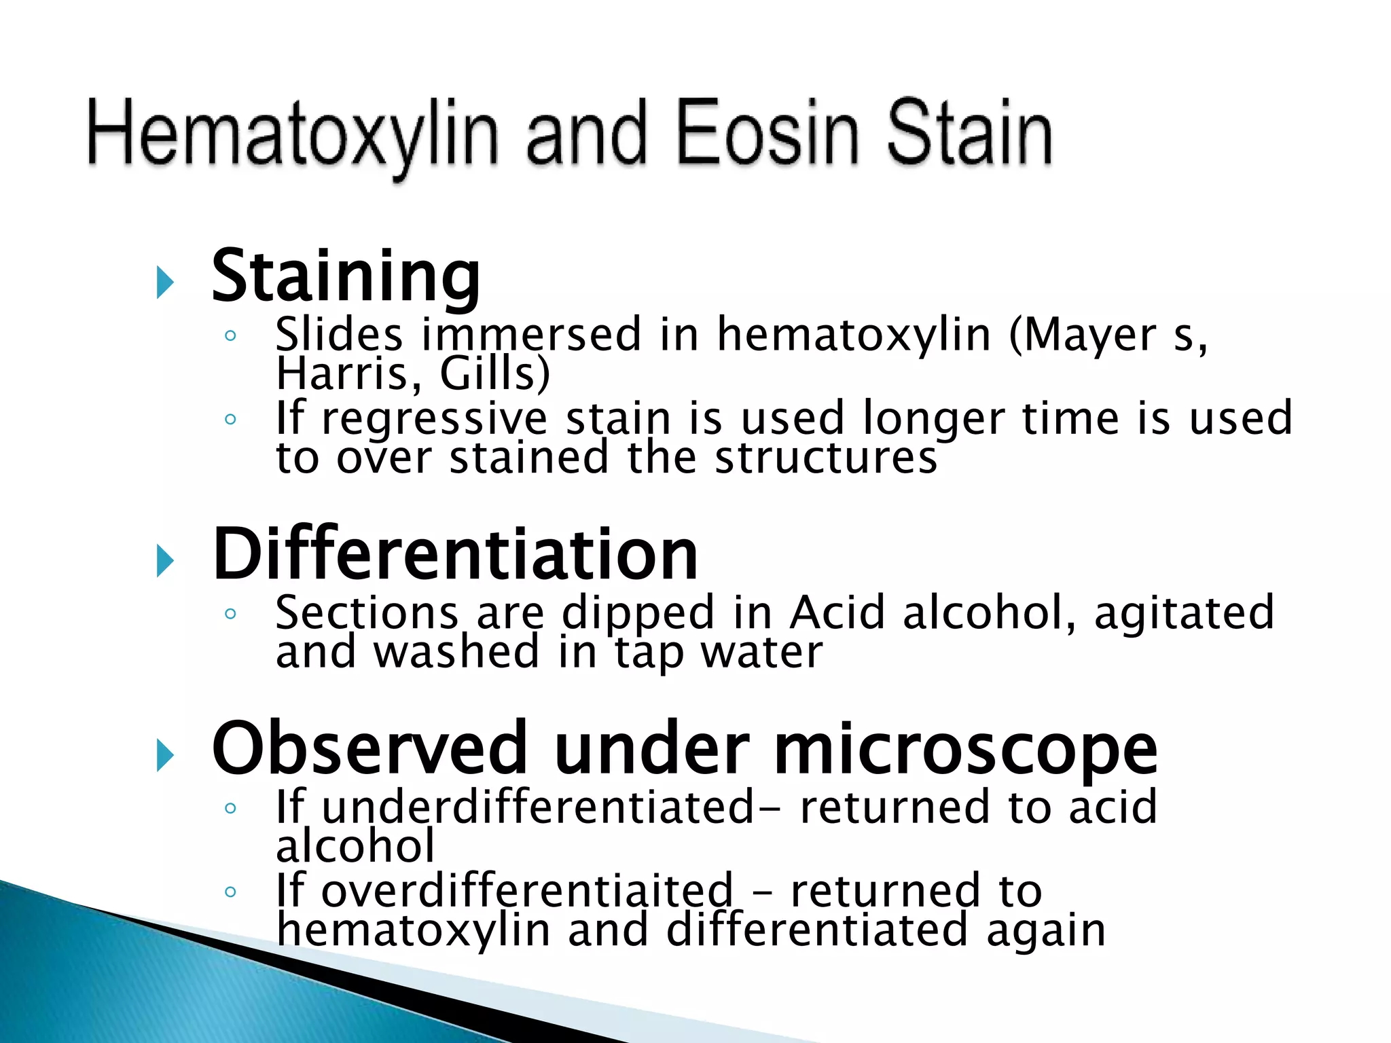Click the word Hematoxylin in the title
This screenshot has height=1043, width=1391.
pyautogui.click(x=292, y=134)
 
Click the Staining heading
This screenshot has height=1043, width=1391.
pyautogui.click(x=346, y=276)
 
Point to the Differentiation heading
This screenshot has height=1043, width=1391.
pyautogui.click(x=455, y=555)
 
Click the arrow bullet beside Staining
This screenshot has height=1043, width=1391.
pyautogui.click(x=165, y=282)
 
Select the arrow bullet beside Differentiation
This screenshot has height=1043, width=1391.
pyautogui.click(x=165, y=561)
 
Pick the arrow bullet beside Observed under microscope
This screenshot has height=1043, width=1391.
pyautogui.click(x=165, y=755)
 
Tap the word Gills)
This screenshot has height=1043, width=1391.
pyautogui.click(x=494, y=374)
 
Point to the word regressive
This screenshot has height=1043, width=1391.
pyautogui.click(x=434, y=419)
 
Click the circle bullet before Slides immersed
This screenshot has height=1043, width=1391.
pyautogui.click(x=230, y=335)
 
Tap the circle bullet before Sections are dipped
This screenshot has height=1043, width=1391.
pyautogui.click(x=230, y=615)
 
